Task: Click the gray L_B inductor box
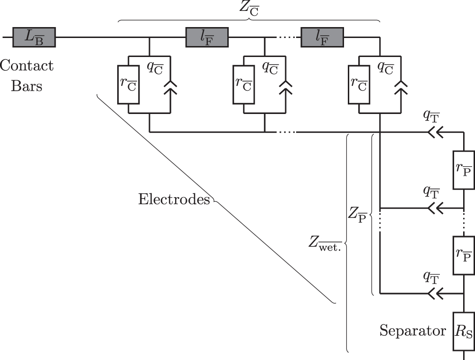click(x=34, y=37)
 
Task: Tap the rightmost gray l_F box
click(x=322, y=37)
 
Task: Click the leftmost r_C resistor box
click(x=129, y=84)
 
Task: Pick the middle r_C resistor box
click(x=244, y=84)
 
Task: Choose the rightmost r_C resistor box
click(x=359, y=84)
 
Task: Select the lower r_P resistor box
click(x=464, y=256)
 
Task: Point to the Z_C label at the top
click(x=249, y=9)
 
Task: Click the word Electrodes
click(x=174, y=199)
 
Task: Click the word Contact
click(x=27, y=66)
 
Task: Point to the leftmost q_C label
click(x=155, y=67)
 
